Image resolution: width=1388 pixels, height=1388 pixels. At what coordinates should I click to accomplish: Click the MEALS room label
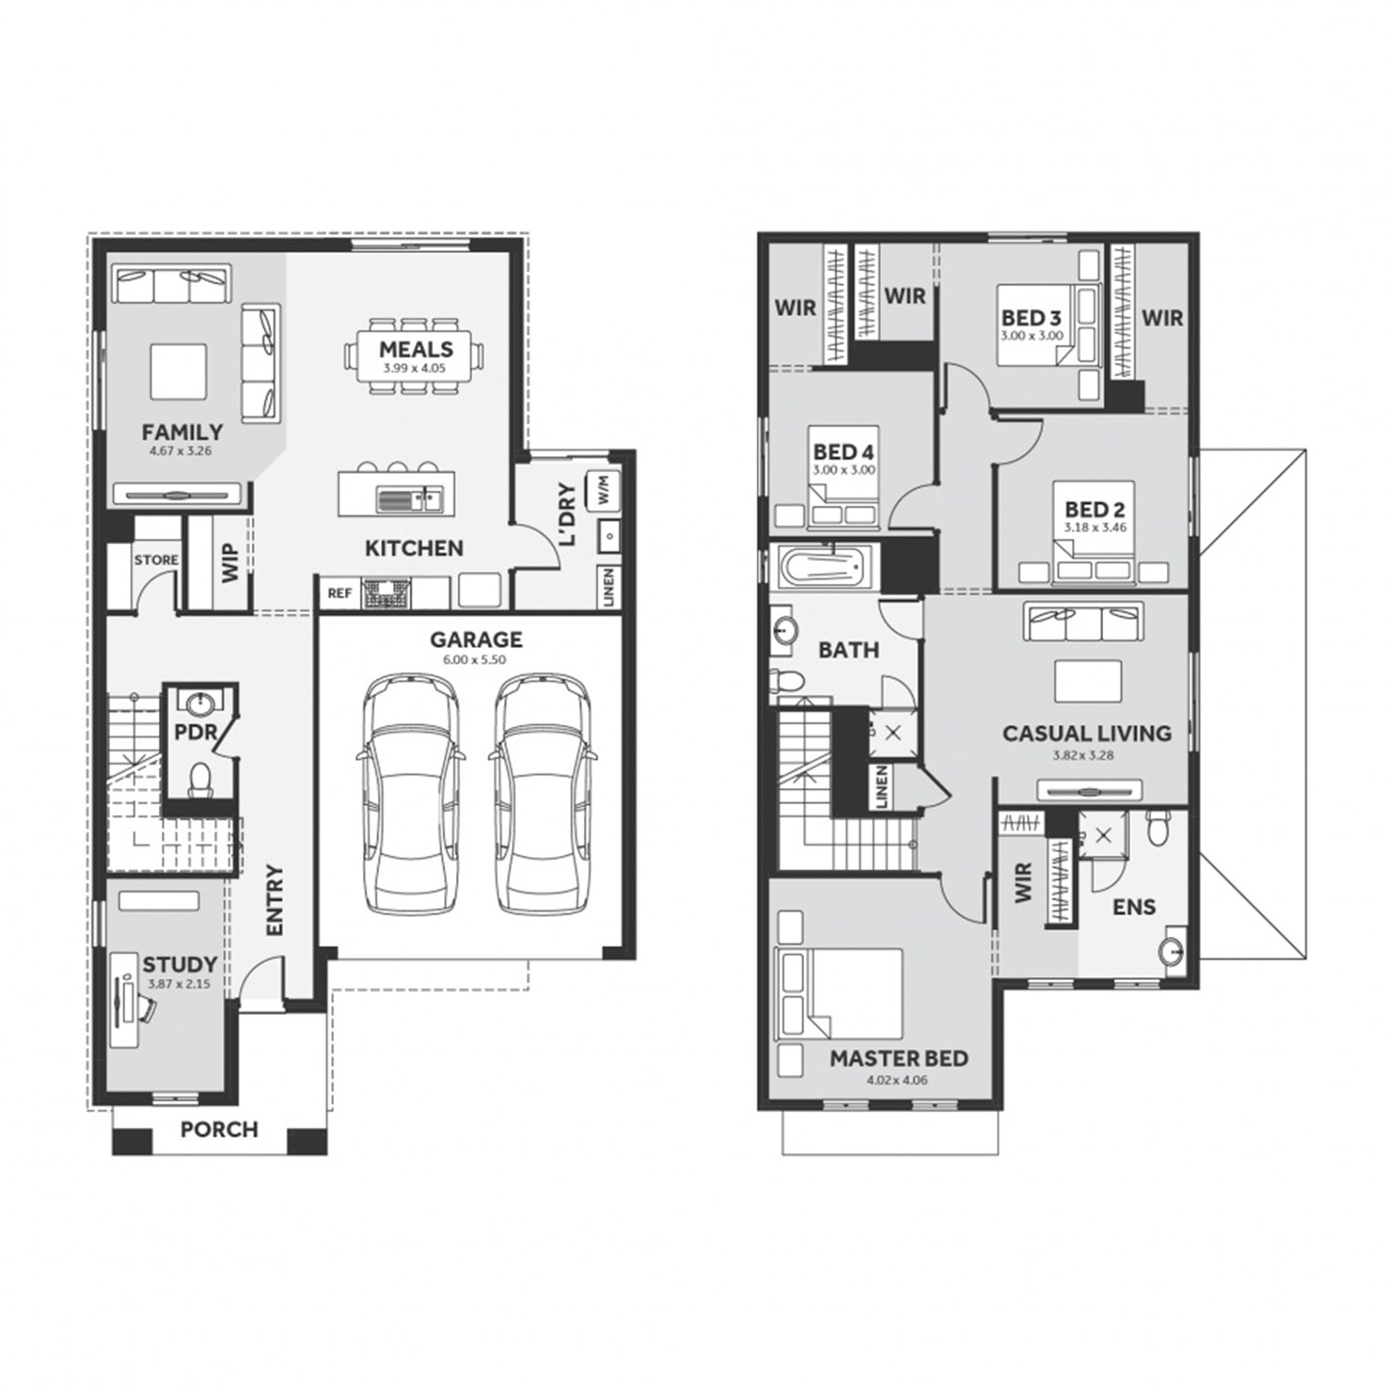pyautogui.click(x=416, y=350)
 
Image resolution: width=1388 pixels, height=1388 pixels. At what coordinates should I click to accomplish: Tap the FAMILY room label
pyautogui.click(x=182, y=432)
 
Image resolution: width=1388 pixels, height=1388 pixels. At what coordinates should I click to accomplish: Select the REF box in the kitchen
pyautogui.click(x=340, y=593)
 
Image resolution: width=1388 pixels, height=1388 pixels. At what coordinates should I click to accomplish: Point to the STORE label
pyautogui.click(x=156, y=560)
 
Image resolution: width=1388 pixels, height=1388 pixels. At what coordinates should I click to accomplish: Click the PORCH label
pyautogui.click(x=219, y=1130)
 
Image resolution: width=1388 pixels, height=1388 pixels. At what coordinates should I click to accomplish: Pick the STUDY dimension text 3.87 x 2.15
pyautogui.click(x=179, y=985)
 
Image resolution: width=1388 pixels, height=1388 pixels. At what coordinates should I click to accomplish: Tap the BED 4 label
pyautogui.click(x=844, y=452)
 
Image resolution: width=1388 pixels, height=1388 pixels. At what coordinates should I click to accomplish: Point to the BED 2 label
pyautogui.click(x=1095, y=509)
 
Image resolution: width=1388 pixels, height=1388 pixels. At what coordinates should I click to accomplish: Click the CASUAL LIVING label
pyautogui.click(x=1087, y=734)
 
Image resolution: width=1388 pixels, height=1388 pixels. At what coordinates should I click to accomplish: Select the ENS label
pyautogui.click(x=1134, y=907)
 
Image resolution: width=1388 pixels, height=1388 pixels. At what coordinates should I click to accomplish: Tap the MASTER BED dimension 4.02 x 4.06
pyautogui.click(x=897, y=1080)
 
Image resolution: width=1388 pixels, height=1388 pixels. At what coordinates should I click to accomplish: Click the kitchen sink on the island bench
pyautogui.click(x=409, y=501)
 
